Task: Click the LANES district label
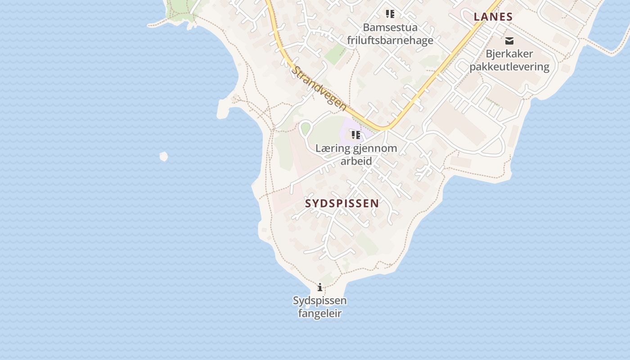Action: click(x=493, y=17)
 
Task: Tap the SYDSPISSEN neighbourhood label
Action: click(x=342, y=203)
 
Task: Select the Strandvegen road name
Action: click(x=319, y=89)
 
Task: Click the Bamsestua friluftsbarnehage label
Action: click(x=390, y=34)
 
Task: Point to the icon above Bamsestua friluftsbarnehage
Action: click(x=390, y=14)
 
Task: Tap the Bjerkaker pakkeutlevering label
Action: click(x=509, y=60)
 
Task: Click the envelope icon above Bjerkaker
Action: click(x=509, y=41)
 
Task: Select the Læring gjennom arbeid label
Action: click(x=356, y=154)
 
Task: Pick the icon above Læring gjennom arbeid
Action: click(x=356, y=135)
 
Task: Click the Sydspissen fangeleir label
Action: click(x=319, y=307)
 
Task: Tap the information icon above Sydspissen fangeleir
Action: click(x=320, y=287)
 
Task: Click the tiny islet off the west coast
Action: click(x=164, y=156)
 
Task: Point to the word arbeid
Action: click(x=356, y=161)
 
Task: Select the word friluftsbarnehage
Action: click(x=390, y=40)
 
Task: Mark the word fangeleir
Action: click(x=319, y=314)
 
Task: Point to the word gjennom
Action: click(x=373, y=148)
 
